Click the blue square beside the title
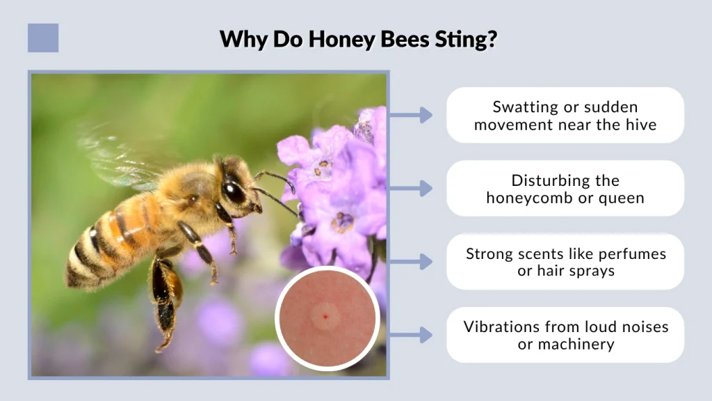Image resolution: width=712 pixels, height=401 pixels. pos(43,38)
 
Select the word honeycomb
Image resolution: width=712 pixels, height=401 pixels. pos(526,198)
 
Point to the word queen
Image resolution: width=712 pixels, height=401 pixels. pos(623,198)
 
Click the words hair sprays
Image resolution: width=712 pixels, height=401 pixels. pos(566,271)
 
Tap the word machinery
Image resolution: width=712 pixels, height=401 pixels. pos(581,344)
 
